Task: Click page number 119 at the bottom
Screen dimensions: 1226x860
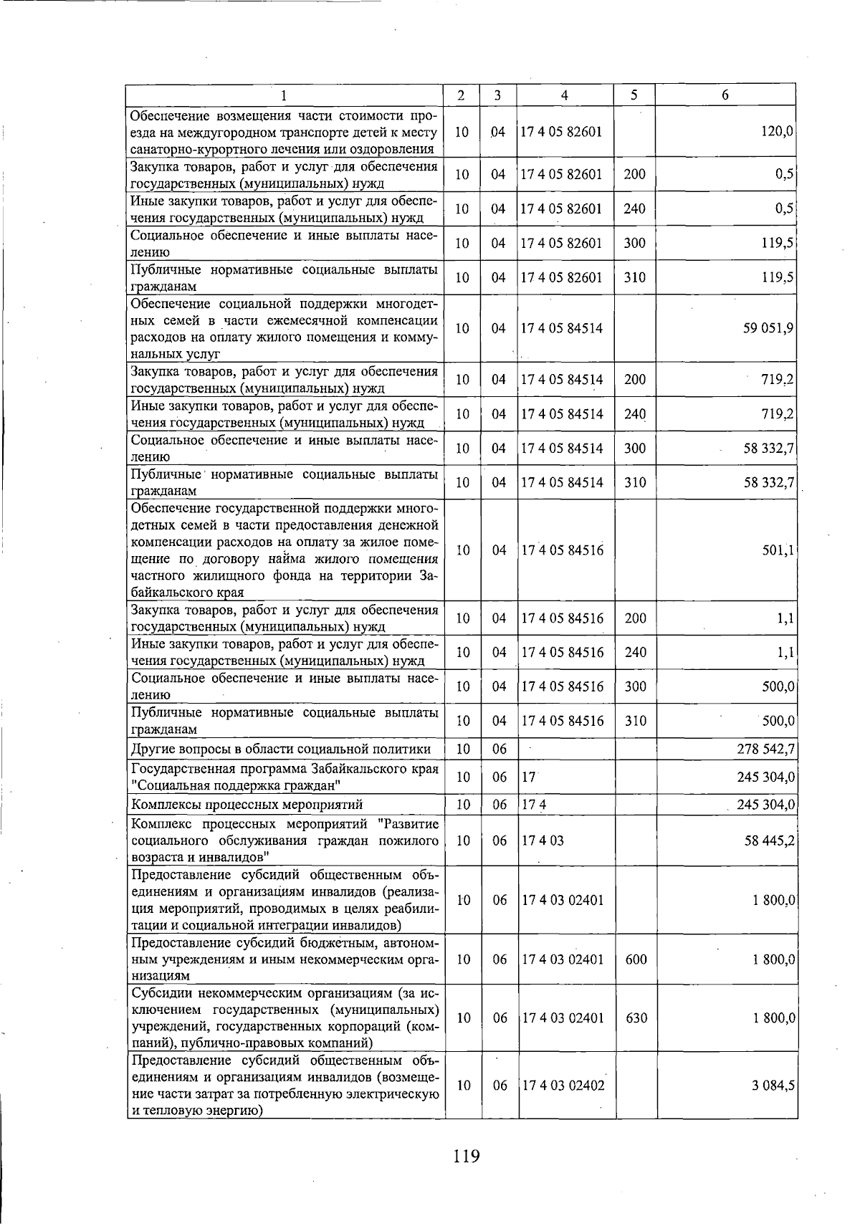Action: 466,1156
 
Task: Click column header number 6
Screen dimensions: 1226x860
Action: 725,95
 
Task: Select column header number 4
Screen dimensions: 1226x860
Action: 565,95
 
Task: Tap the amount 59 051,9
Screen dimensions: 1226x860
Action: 768,328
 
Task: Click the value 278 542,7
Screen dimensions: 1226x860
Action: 766,750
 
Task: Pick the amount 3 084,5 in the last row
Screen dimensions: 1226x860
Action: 773,1086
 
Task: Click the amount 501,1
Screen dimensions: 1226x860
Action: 778,550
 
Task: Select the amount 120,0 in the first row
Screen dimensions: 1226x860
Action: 777,132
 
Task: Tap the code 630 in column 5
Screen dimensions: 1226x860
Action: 636,1018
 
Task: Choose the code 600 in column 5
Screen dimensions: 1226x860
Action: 636,959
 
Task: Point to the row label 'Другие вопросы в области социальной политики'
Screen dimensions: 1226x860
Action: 281,750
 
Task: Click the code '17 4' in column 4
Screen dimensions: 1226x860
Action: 534,805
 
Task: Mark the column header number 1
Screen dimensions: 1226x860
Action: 284,95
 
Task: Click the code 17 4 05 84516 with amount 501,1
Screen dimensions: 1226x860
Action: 563,550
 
